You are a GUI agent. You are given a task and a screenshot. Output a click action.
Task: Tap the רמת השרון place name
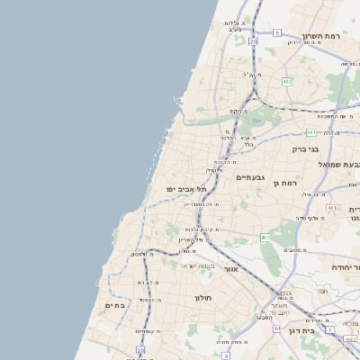(320, 34)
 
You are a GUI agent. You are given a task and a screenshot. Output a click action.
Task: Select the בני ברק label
(306, 148)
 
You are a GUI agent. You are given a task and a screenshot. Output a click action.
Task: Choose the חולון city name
(202, 296)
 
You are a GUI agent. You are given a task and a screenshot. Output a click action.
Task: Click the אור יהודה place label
(339, 267)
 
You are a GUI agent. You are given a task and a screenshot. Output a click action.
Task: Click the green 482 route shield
(286, 81)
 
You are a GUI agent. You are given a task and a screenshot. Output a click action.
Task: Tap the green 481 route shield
(310, 132)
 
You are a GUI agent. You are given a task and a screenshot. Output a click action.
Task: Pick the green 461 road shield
(265, 237)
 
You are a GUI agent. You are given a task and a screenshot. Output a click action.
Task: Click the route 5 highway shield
(277, 32)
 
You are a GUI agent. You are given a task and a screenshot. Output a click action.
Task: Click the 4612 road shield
(334, 208)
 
